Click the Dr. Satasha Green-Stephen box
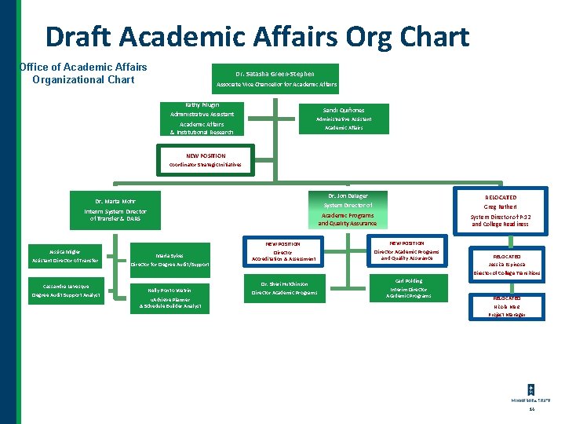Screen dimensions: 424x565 pyautogui.click(x=275, y=79)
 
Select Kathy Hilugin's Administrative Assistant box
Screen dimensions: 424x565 pyautogui.click(x=202, y=119)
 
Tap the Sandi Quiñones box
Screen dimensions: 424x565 pyautogui.click(x=344, y=119)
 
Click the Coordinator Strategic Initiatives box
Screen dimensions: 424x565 pyautogui.click(x=206, y=160)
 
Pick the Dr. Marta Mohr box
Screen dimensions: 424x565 pyautogui.click(x=115, y=210)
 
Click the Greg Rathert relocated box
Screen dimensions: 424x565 pyautogui.click(x=500, y=210)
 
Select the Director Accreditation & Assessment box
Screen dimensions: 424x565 pyautogui.click(x=283, y=251)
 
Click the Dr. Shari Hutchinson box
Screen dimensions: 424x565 pyautogui.click(x=283, y=288)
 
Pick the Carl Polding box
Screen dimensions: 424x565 pyautogui.click(x=408, y=288)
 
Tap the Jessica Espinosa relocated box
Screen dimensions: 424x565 pyautogui.click(x=505, y=265)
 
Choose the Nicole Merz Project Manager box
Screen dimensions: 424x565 pyautogui.click(x=505, y=307)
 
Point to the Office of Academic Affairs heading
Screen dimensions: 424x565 pyautogui.click(x=83, y=73)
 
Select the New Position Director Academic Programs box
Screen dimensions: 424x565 pyautogui.click(x=406, y=251)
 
